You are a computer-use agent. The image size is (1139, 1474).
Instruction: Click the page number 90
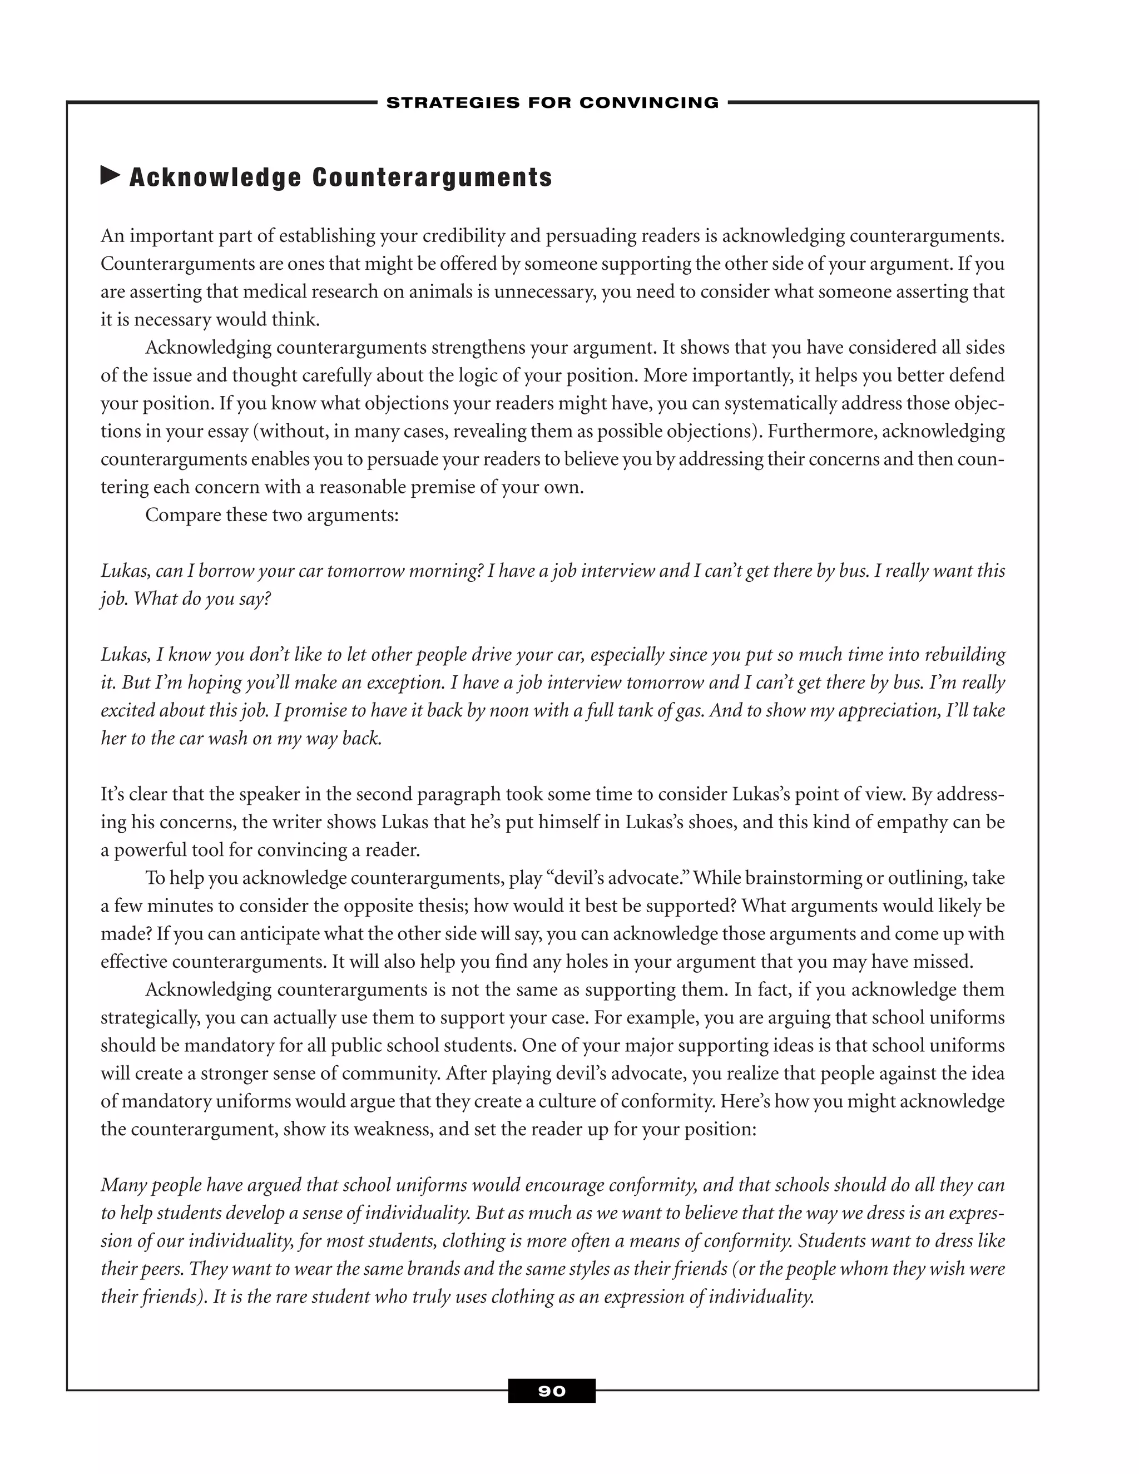click(x=551, y=1391)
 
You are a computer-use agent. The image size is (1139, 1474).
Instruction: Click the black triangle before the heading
click(x=110, y=176)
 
